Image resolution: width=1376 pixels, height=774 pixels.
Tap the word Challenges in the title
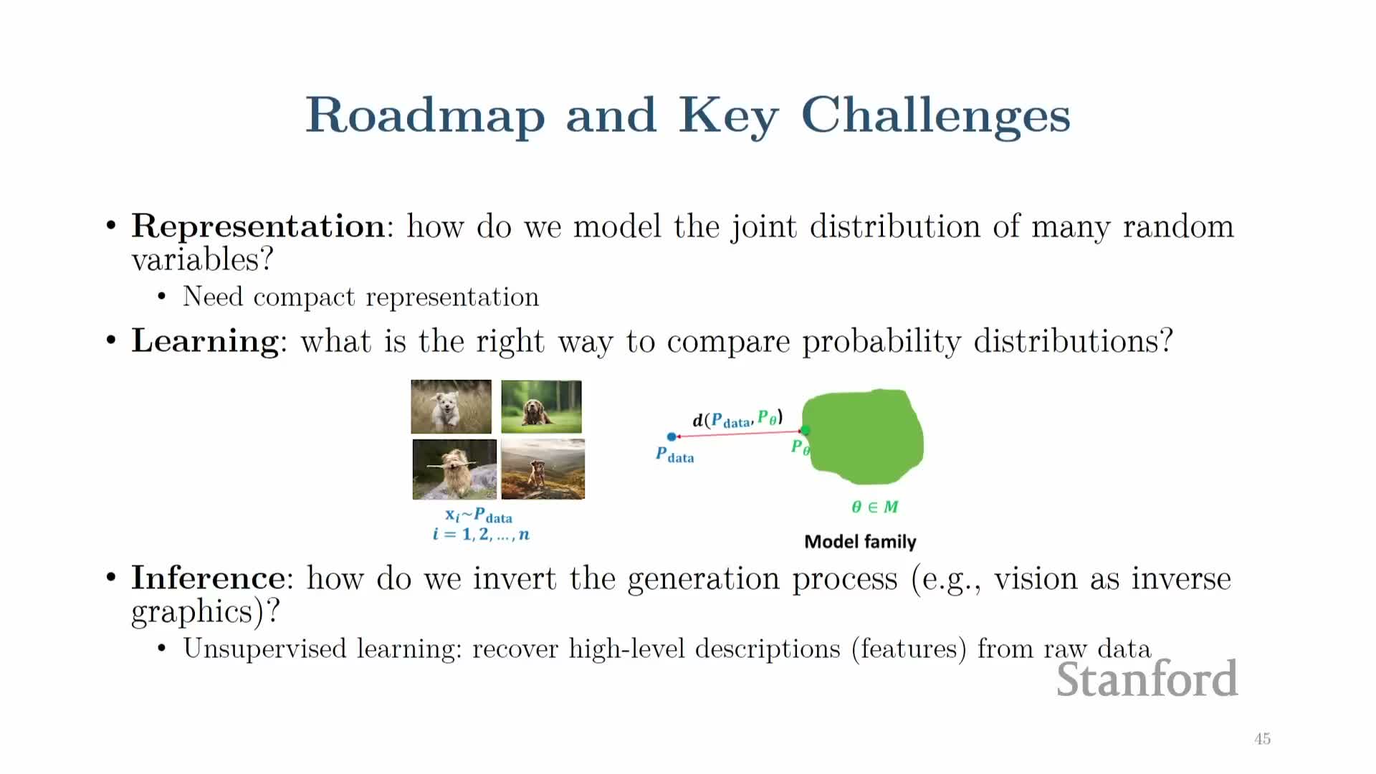(x=935, y=116)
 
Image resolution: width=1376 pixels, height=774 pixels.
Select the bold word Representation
(x=259, y=227)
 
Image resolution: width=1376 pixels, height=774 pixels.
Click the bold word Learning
(x=205, y=342)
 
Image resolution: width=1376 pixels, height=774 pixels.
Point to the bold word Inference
(x=208, y=578)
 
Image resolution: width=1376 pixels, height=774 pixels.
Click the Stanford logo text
(x=1147, y=679)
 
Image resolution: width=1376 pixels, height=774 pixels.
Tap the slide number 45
(x=1262, y=739)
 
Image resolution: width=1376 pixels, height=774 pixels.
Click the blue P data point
(x=672, y=436)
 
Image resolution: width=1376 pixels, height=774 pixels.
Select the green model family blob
(x=864, y=436)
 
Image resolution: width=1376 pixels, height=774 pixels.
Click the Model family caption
(x=860, y=542)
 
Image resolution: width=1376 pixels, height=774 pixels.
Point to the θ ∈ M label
(x=874, y=507)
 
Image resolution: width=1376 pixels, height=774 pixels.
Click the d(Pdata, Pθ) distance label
(x=737, y=419)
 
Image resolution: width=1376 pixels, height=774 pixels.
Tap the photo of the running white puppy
(x=451, y=406)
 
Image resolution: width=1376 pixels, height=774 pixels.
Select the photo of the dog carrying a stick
(x=454, y=469)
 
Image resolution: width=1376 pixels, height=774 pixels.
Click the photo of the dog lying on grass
(x=541, y=406)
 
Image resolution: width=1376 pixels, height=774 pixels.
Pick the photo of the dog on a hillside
(x=543, y=469)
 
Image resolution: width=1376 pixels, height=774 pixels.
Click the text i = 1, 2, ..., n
(x=481, y=534)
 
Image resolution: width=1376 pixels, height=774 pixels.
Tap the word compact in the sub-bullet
(x=304, y=297)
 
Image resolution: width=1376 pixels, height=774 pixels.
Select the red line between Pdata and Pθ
(x=738, y=434)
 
